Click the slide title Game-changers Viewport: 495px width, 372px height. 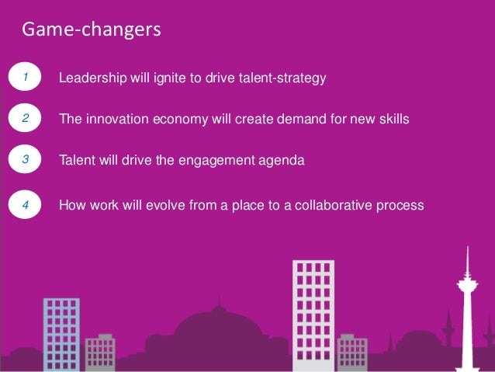tap(91, 30)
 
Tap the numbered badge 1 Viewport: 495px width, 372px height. tap(26, 78)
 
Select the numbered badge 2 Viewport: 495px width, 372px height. tap(26, 120)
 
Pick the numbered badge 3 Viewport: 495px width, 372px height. tap(26, 160)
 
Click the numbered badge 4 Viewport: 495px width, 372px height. tap(26, 206)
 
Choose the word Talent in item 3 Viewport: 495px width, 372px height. tap(77, 161)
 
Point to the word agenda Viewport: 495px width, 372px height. tap(284, 162)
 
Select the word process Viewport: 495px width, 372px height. tap(401, 207)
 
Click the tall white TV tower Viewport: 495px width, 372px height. tap(467, 311)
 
